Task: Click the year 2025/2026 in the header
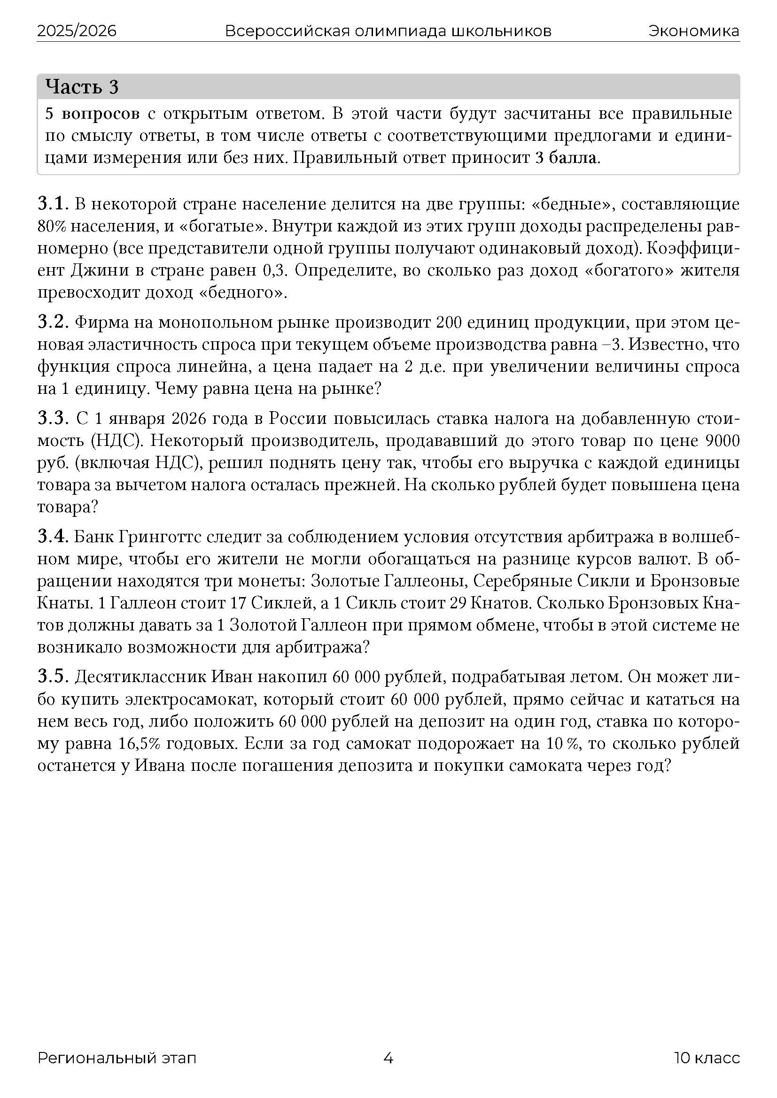[77, 31]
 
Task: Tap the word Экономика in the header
[694, 31]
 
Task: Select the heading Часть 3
[82, 87]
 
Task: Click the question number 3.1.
[54, 204]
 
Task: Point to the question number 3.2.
[54, 323]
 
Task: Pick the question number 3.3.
[54, 418]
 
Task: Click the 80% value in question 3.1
[49, 227]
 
